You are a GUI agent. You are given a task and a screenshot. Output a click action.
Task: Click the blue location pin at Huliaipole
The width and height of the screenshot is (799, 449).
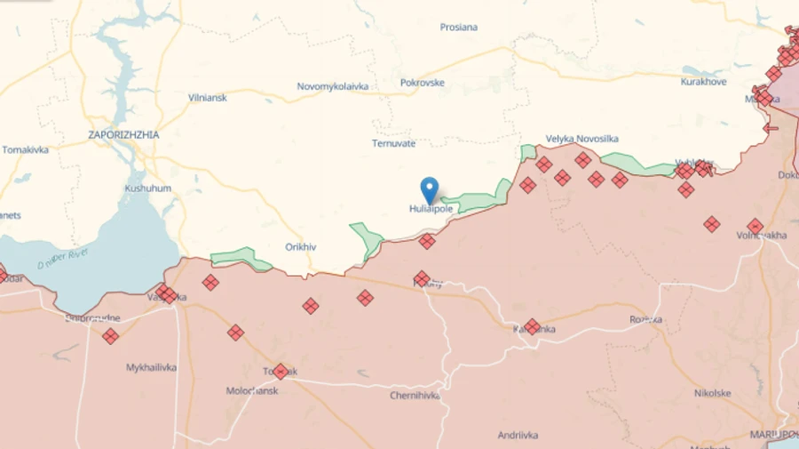(430, 189)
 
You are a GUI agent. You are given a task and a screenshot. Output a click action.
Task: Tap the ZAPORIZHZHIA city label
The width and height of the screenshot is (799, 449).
(123, 135)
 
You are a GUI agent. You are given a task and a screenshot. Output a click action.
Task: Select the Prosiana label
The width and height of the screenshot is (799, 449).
(459, 28)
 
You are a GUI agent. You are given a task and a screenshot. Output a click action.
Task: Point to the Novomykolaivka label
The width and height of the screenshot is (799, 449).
(333, 87)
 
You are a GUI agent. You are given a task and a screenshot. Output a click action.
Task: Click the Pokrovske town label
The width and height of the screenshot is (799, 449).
(423, 84)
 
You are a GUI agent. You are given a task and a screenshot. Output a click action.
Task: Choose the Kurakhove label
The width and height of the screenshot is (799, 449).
(703, 82)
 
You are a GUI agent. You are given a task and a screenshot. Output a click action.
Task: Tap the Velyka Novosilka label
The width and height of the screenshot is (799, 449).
(581, 139)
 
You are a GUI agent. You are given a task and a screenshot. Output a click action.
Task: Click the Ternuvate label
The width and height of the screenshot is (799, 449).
(393, 143)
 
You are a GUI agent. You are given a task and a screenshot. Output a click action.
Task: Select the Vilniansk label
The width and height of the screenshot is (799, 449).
(207, 98)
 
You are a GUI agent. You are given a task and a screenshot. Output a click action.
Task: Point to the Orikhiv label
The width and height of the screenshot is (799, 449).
(301, 247)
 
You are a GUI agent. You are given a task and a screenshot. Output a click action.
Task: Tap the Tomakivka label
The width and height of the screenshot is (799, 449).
(25, 149)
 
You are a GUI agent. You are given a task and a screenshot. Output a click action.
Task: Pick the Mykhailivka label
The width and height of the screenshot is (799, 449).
(151, 367)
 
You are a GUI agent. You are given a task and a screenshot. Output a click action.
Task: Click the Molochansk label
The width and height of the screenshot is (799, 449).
(252, 390)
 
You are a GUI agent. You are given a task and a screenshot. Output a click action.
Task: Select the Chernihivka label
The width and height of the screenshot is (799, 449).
(415, 396)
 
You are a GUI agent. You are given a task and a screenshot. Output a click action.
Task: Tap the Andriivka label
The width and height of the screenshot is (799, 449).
(518, 435)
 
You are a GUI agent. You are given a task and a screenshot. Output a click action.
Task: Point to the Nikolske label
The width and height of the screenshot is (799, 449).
(712, 393)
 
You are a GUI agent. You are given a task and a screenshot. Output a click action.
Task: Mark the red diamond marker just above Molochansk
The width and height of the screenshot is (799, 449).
(281, 371)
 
